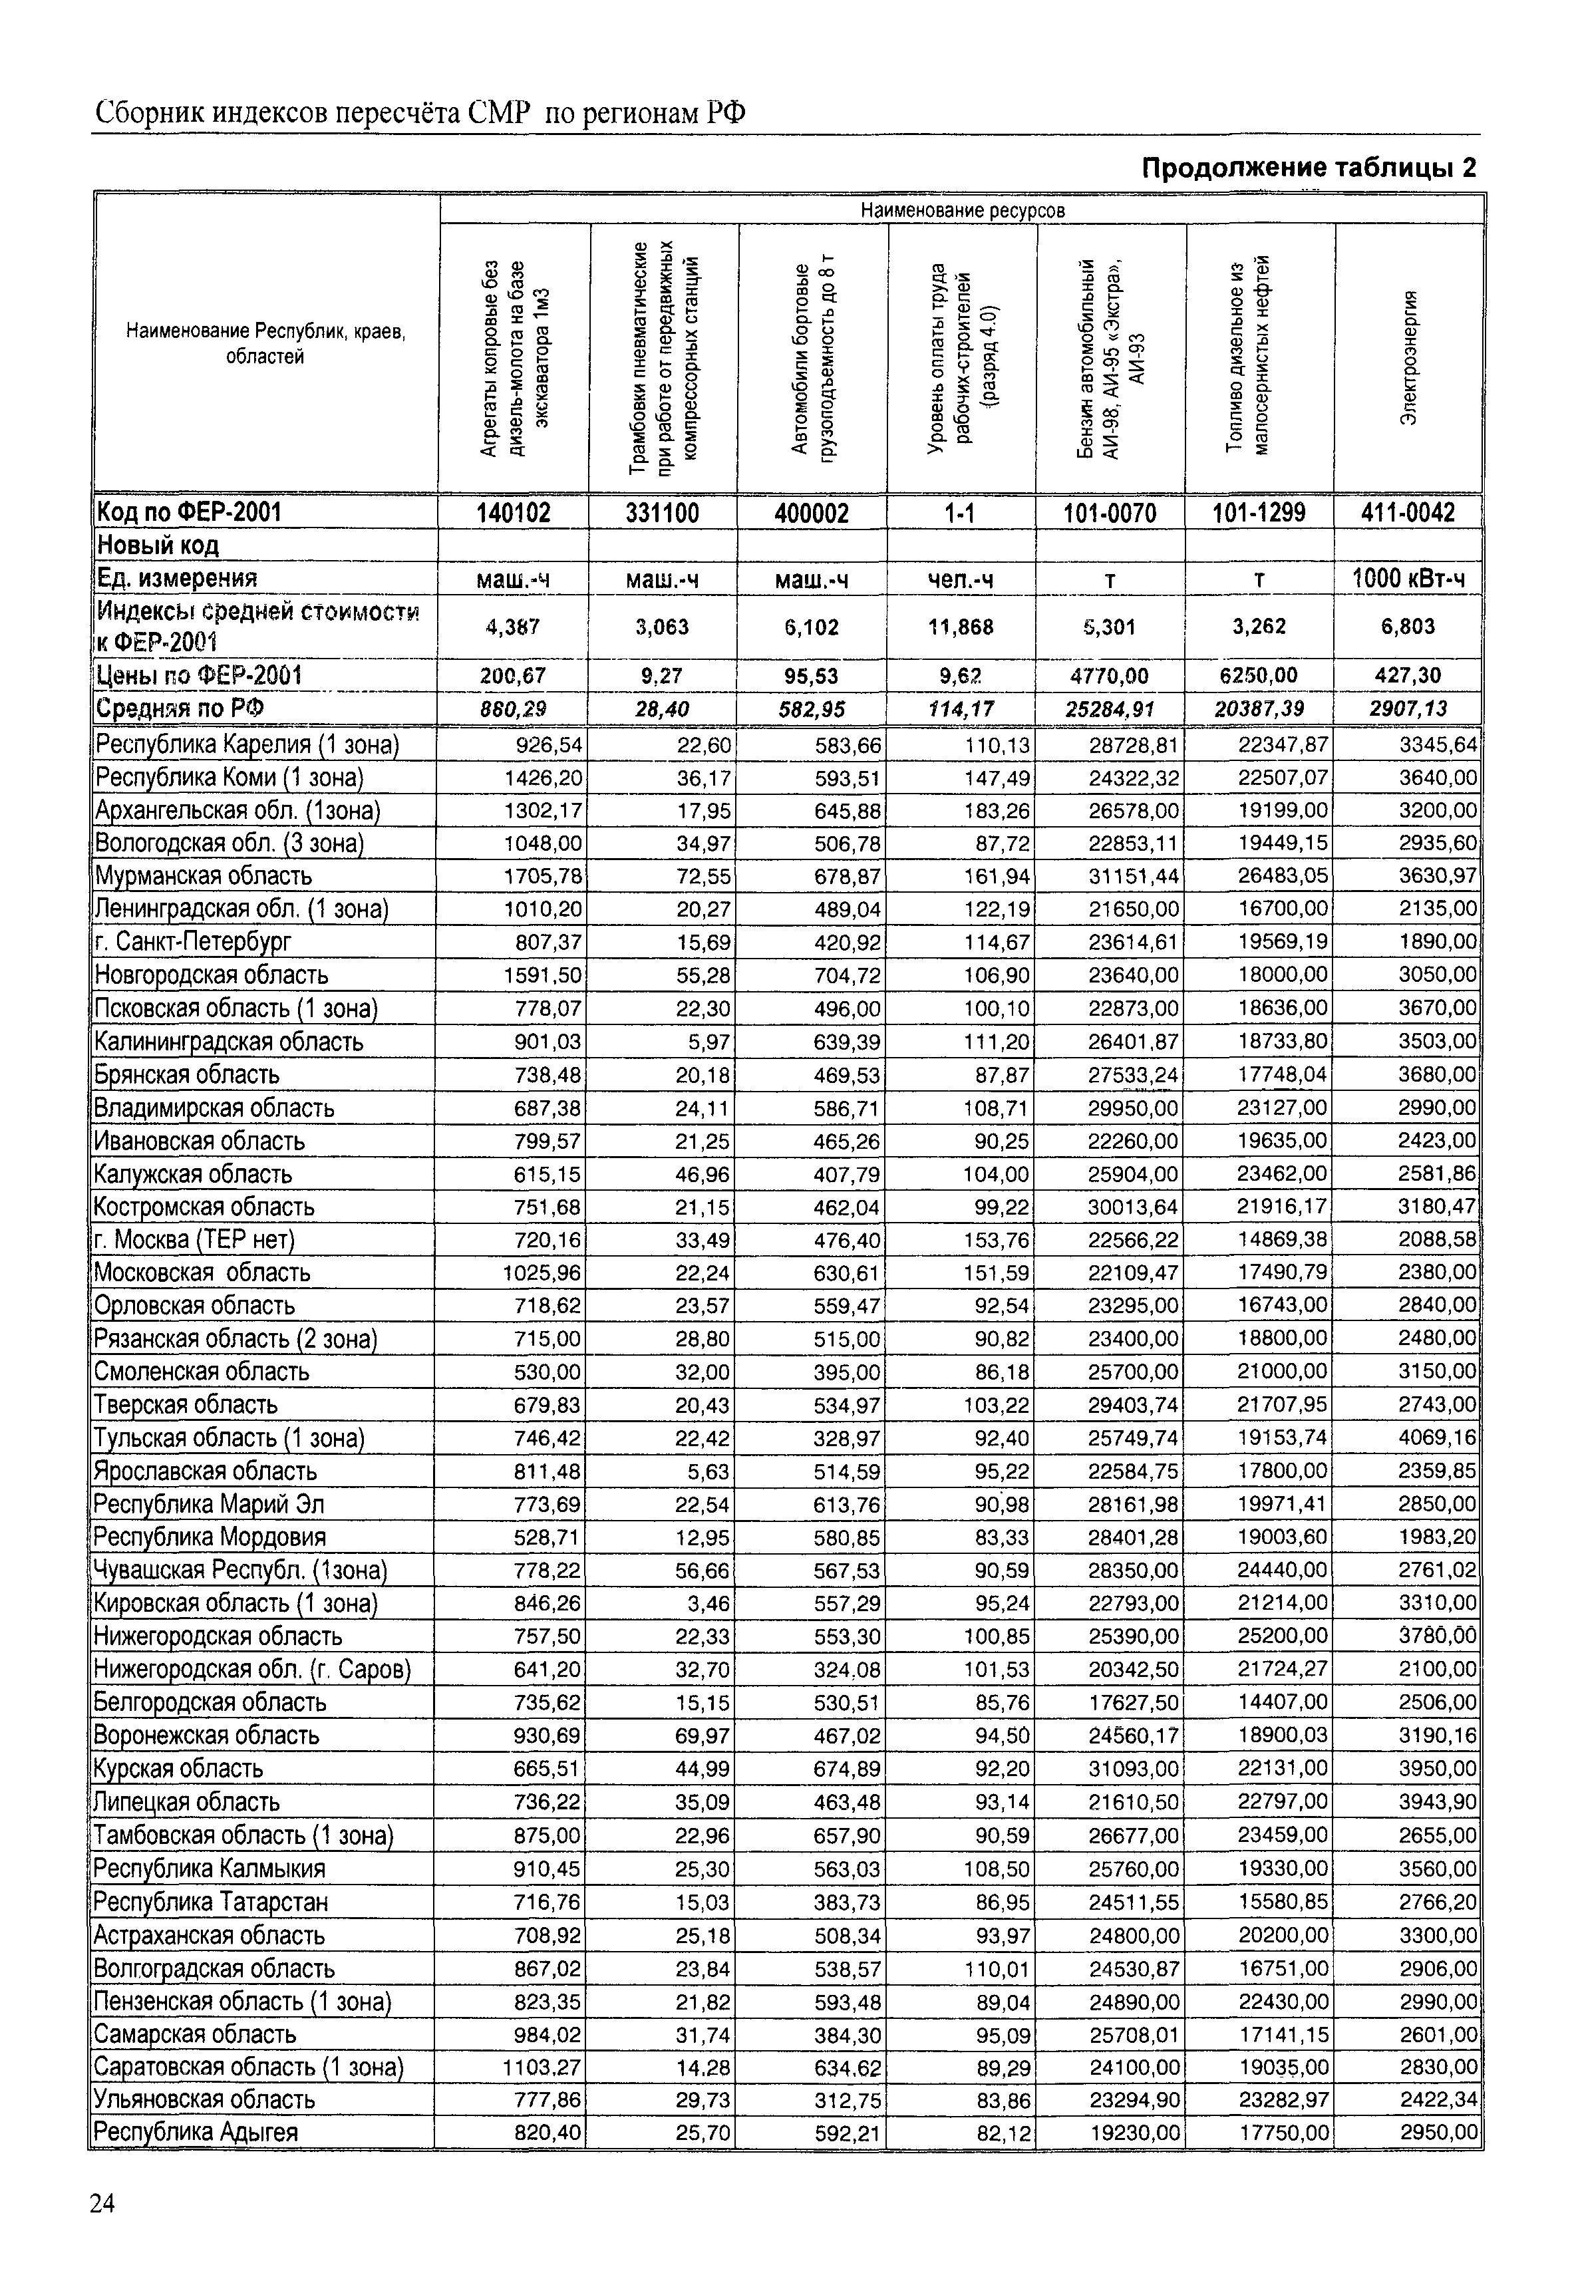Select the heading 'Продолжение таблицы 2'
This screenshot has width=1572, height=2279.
click(x=1309, y=168)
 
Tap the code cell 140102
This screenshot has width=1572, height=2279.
click(x=514, y=513)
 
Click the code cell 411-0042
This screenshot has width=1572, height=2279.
click(x=1408, y=513)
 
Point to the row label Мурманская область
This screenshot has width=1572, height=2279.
click(x=203, y=875)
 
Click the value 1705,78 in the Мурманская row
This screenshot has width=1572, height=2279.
click(x=543, y=875)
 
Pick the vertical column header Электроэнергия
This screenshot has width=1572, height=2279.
click(x=1408, y=359)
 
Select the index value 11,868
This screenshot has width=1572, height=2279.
click(x=961, y=627)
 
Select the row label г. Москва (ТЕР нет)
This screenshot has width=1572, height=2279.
click(x=195, y=1239)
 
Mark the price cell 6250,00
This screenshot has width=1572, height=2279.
click(x=1259, y=676)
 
